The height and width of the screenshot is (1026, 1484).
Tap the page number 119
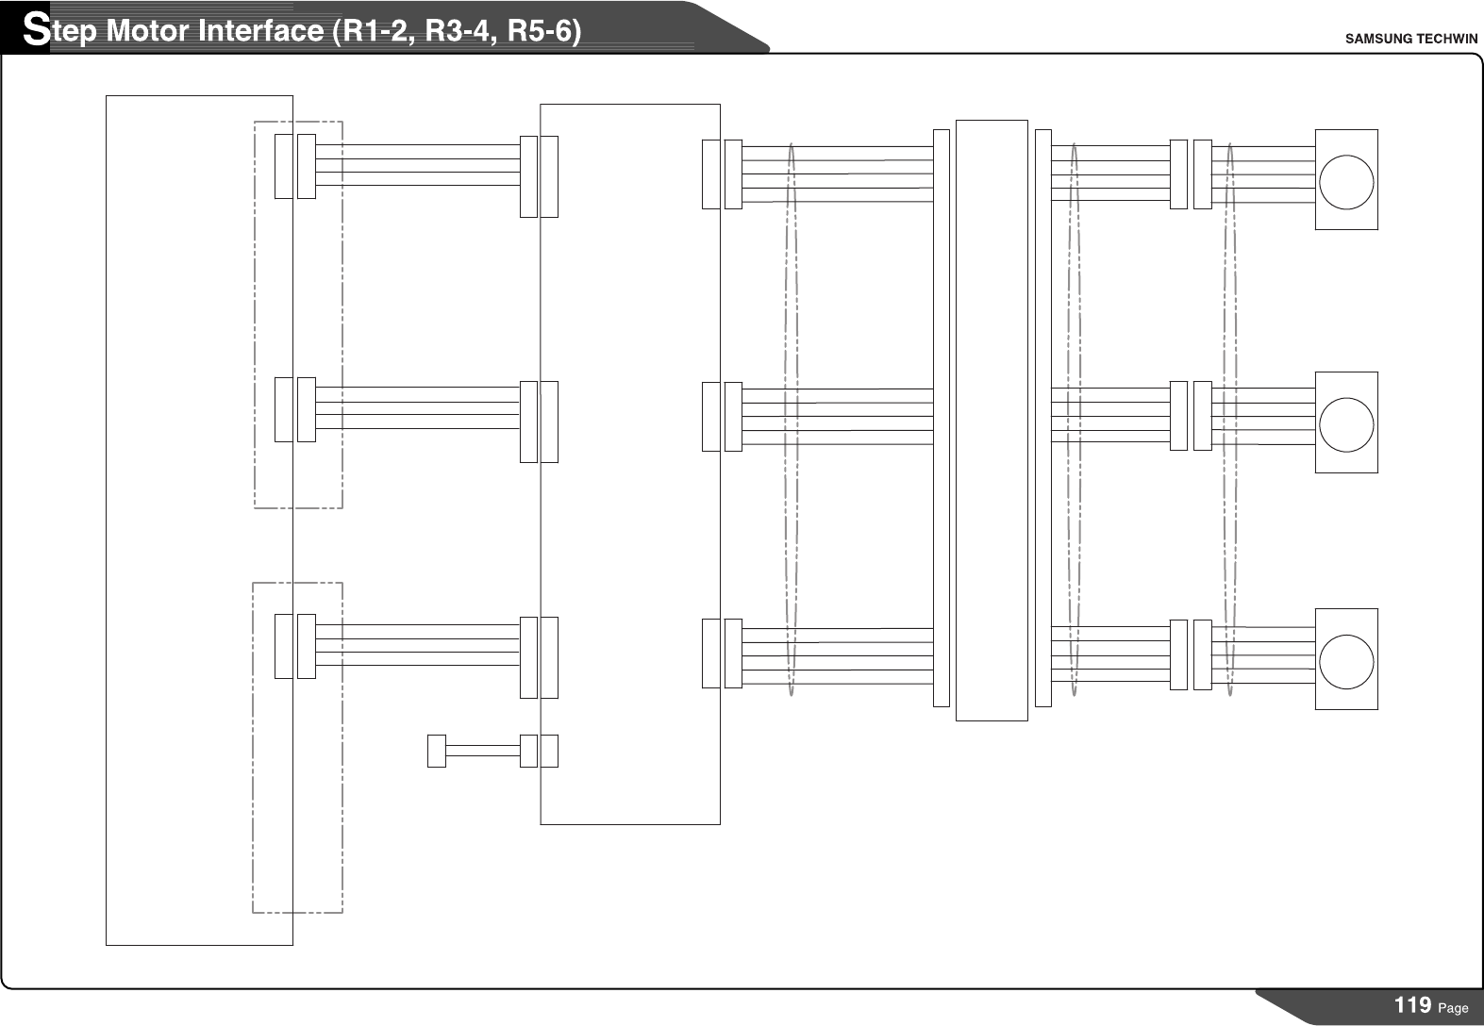coord(1412,1005)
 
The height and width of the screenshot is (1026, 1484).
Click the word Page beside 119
coord(1454,1008)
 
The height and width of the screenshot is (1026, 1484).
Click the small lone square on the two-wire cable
coord(436,751)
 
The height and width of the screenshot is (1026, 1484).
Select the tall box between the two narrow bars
coord(992,420)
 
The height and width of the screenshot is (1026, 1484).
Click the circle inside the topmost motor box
coord(1346,180)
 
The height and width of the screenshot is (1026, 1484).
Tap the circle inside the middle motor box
coord(1346,423)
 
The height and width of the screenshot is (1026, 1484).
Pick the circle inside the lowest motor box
coord(1346,659)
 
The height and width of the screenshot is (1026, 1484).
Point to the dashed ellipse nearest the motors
coord(1230,420)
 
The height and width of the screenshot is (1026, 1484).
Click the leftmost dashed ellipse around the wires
coord(791,420)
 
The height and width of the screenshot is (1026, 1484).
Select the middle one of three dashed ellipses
coord(1074,420)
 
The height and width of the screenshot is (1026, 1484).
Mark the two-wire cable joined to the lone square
coord(482,751)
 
